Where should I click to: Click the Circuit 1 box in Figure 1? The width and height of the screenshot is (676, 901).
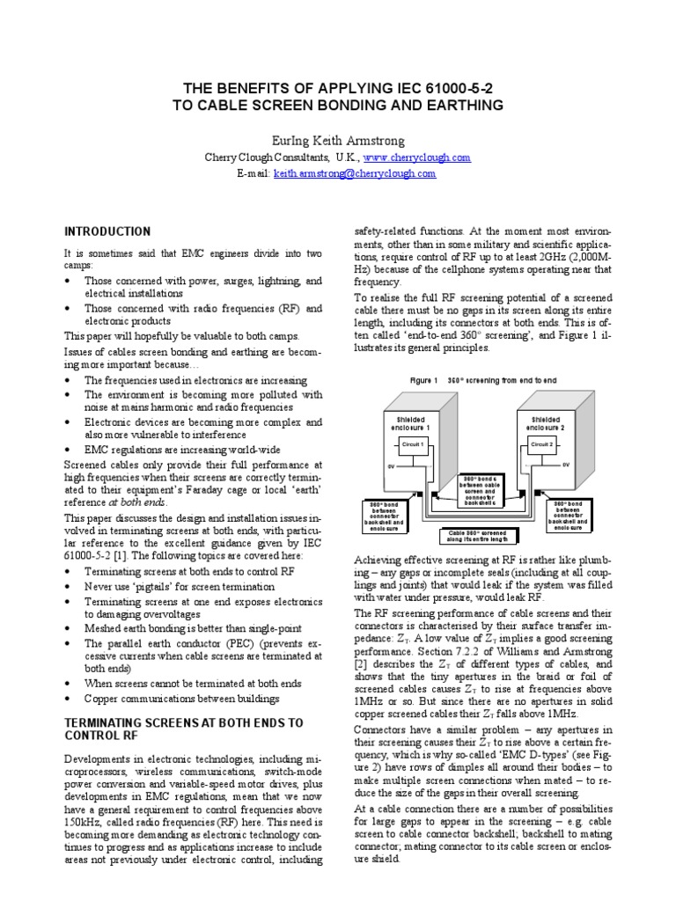tap(413, 445)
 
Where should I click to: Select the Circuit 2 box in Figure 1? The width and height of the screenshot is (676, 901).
tap(541, 445)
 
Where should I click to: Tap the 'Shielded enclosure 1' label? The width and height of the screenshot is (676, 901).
tap(413, 424)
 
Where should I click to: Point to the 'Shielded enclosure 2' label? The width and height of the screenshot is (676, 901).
tap(541, 424)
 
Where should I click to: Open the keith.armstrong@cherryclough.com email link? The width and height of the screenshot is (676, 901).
tap(355, 173)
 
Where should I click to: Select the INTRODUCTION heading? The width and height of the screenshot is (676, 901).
tap(107, 232)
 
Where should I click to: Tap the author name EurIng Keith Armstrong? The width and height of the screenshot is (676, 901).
tap(338, 139)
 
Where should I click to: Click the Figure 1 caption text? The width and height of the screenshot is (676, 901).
tap(483, 380)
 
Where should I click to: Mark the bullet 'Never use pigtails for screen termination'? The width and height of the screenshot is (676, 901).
tap(180, 586)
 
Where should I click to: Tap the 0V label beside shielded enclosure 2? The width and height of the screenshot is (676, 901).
tap(566, 464)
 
